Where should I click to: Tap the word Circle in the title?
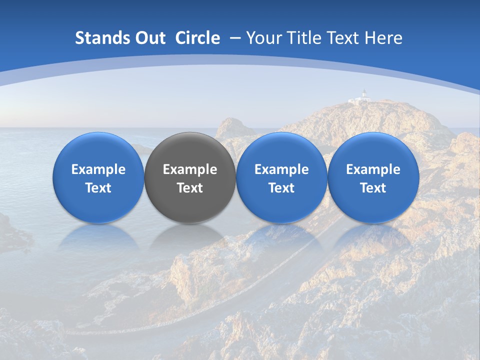point(197,38)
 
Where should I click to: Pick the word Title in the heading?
point(301,38)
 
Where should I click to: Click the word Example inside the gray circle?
point(190,169)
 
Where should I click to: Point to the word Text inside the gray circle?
point(190,188)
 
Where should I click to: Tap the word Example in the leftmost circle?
point(98,169)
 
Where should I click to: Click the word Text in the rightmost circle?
point(373,188)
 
